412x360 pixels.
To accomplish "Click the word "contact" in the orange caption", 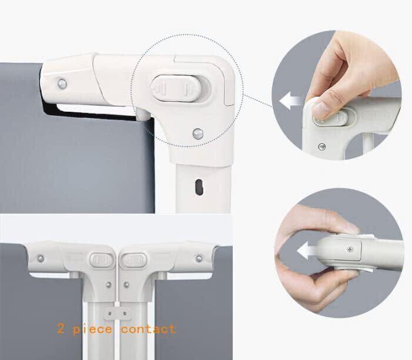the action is pos(149,329).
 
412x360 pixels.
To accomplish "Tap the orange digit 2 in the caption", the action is pos(61,329).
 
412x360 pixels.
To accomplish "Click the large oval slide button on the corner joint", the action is pos(176,88).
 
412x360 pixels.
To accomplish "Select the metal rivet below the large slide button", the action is pos(198,134).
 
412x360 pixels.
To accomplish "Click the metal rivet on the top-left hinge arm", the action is pos(62,84).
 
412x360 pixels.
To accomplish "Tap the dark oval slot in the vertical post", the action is pos(199,187).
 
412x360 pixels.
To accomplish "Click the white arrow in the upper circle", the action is pos(290,101).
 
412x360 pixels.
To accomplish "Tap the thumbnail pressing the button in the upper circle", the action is pos(320,110).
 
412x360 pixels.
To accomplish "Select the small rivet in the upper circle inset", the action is pos(322,146).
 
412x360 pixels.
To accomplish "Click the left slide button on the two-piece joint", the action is pos(101,260).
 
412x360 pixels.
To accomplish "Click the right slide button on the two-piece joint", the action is pos(134,260).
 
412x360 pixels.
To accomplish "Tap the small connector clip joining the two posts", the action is pos(117,313).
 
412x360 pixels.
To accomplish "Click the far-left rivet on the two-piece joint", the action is pos(41,258).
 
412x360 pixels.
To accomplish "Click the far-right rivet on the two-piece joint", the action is pos(199,258).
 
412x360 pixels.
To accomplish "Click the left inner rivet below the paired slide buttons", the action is pos(109,285).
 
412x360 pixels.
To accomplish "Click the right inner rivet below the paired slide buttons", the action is pos(126,285).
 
